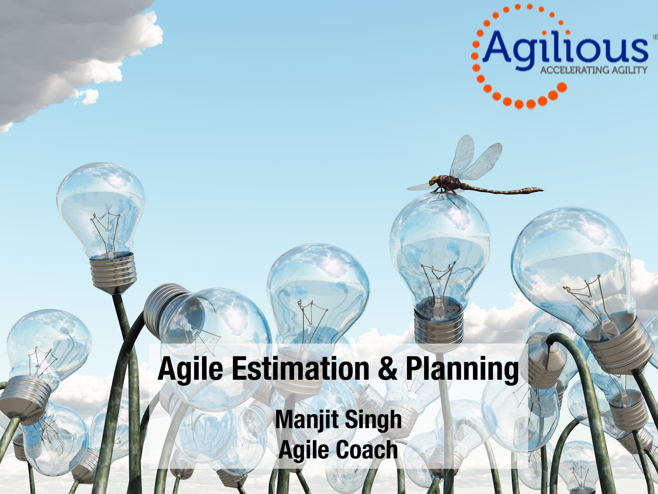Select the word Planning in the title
point(462,370)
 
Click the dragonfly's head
point(433,180)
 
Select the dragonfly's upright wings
point(477,161)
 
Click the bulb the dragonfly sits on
point(439,250)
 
